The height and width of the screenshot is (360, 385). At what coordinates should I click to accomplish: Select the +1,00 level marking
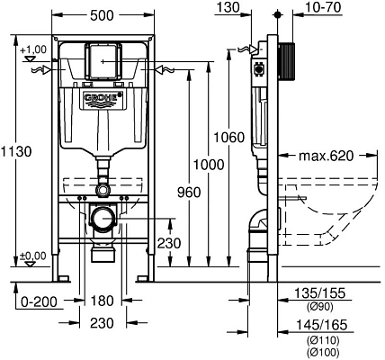pos(33,49)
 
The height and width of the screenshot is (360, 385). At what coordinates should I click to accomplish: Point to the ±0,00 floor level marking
pos(33,256)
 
